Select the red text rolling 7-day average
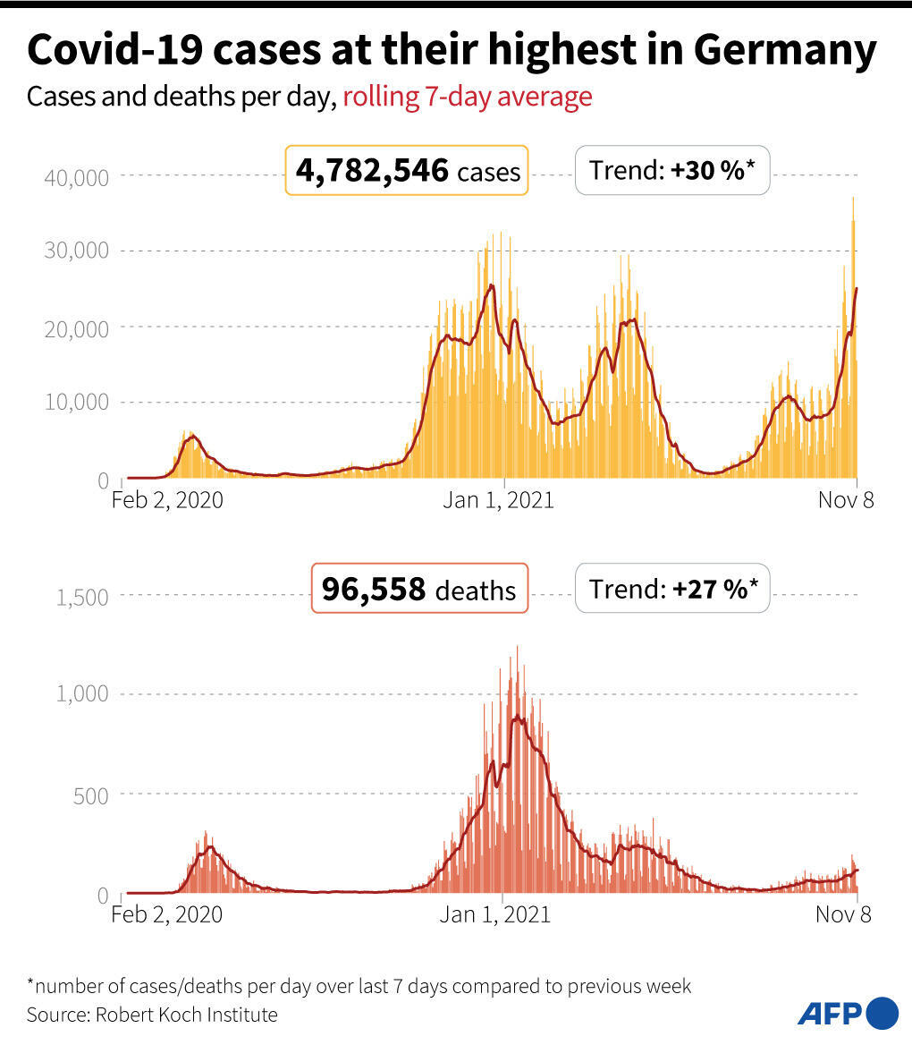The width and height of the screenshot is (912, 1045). point(468,97)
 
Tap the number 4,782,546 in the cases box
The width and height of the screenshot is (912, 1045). point(372,170)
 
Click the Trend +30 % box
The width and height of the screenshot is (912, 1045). point(671,170)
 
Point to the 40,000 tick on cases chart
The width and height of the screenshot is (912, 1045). point(76,177)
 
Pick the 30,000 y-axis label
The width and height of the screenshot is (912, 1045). point(76,251)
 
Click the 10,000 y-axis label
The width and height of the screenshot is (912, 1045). point(76,403)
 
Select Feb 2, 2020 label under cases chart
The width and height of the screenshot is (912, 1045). point(167,500)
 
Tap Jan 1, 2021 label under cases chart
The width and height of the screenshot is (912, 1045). point(498,500)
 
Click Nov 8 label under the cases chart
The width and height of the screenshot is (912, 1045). point(846,500)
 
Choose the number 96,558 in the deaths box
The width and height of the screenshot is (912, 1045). point(374,590)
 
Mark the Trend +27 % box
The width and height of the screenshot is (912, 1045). point(671,589)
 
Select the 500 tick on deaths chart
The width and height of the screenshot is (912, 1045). point(90,795)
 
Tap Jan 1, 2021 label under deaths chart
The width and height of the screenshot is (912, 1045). point(495,915)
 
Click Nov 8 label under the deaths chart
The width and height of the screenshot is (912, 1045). point(842,915)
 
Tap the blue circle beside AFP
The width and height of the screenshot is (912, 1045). point(882,1013)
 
